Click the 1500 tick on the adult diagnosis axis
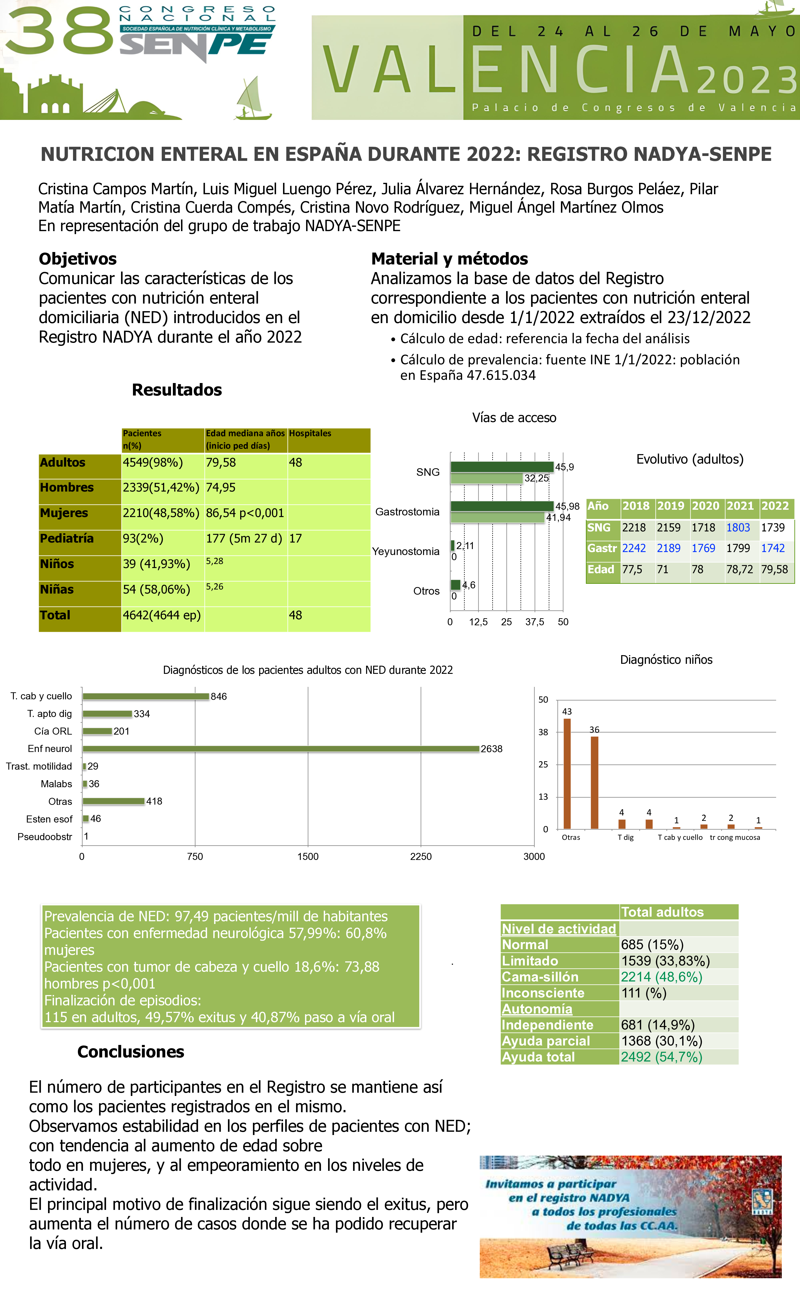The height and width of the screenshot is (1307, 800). click(x=308, y=856)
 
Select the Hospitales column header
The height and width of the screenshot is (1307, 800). click(x=310, y=433)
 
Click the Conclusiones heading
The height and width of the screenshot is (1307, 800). click(x=131, y=1051)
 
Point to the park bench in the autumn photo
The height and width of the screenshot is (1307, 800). click(x=571, y=1254)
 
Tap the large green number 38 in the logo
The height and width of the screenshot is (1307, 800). click(x=59, y=32)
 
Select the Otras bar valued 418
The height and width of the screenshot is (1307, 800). click(x=113, y=801)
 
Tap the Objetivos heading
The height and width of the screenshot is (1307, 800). click(x=77, y=259)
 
